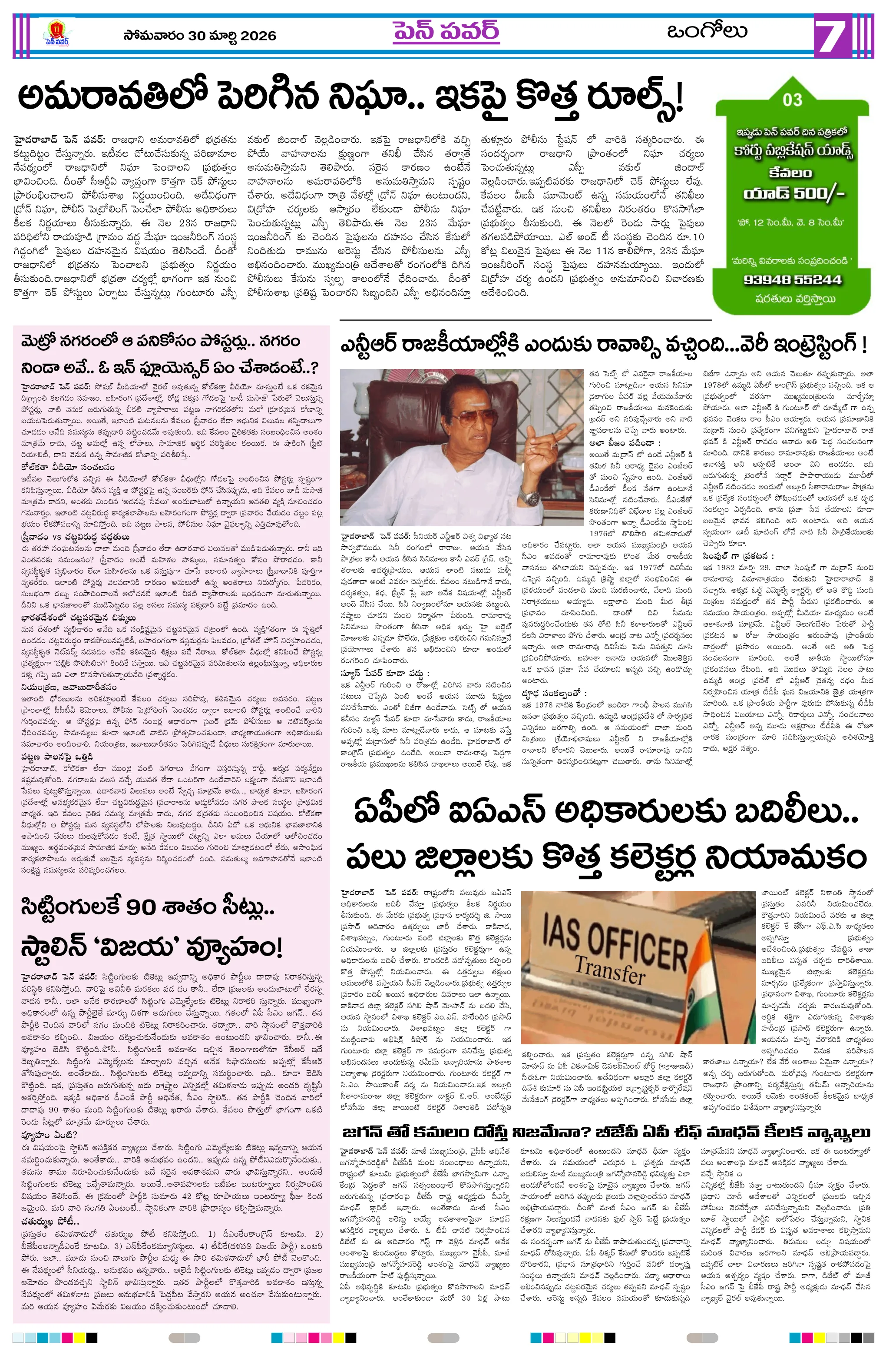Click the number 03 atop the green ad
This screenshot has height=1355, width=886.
(x=792, y=100)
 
